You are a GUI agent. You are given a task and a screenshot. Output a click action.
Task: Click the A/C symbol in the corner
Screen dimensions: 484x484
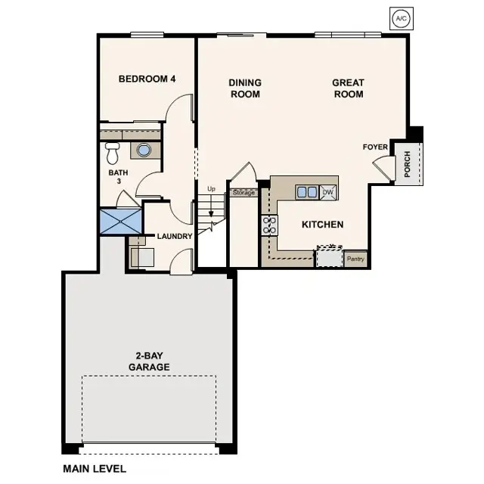(x=400, y=18)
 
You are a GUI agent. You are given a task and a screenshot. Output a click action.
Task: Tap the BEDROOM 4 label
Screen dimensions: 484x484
(x=147, y=79)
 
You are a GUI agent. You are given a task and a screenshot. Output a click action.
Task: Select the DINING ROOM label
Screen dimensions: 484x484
(x=244, y=88)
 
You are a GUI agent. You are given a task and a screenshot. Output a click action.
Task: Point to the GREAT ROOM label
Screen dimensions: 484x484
(x=348, y=88)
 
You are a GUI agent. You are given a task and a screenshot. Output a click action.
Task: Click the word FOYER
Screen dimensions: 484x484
(x=375, y=147)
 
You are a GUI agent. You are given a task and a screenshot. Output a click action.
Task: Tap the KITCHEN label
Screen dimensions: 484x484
(x=323, y=225)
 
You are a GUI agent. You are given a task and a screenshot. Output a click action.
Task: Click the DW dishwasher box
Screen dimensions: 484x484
(x=328, y=192)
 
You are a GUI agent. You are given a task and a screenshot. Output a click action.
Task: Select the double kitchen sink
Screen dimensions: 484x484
(x=307, y=192)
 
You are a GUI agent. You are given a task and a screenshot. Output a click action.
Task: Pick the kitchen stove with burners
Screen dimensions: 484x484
(x=269, y=225)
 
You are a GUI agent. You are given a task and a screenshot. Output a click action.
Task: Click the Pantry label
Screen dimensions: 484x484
(x=355, y=259)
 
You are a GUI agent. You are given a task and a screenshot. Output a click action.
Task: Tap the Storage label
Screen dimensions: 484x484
(x=244, y=193)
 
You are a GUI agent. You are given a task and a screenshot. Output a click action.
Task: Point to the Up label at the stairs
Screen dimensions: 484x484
(x=211, y=188)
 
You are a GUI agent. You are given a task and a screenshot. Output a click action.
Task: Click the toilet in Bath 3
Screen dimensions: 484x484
(x=113, y=154)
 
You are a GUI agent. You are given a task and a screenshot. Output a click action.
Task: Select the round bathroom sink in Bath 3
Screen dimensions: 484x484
(x=144, y=150)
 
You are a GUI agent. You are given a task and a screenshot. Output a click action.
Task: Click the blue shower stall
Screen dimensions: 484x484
(x=120, y=221)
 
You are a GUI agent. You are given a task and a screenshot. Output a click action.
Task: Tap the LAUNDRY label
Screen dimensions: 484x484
(x=175, y=236)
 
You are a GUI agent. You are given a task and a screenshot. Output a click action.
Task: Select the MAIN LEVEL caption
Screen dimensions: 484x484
(x=95, y=469)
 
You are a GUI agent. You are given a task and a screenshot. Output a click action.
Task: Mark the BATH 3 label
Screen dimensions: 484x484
(x=119, y=177)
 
